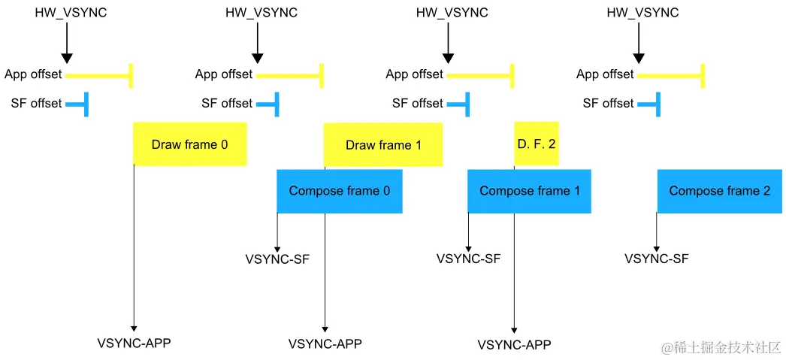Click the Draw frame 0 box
point(189,144)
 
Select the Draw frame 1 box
point(383,144)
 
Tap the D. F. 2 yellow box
point(537,144)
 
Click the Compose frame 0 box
point(339,191)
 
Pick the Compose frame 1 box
point(529,191)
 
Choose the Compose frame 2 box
point(719,191)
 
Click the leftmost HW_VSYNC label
point(71,13)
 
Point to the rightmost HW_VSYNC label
point(642,13)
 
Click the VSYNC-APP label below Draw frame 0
point(134,343)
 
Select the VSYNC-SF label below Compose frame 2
point(657,259)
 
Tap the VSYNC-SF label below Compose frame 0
point(277,259)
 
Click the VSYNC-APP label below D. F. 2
point(515,345)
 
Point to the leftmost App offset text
point(33,74)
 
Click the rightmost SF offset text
point(608,103)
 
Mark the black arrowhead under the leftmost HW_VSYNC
point(66,58)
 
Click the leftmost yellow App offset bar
point(98,75)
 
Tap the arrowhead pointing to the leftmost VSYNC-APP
point(134,327)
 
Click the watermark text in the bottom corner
point(721,347)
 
